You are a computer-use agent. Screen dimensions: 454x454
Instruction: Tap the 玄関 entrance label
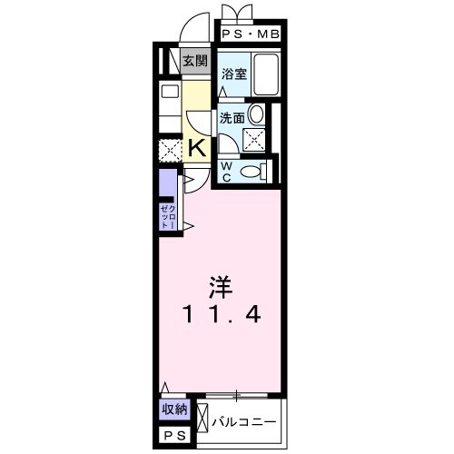tap(193, 62)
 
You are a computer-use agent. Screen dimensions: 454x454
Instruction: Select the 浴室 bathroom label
tap(234, 74)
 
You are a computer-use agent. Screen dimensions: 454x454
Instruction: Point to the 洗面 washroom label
tap(232, 117)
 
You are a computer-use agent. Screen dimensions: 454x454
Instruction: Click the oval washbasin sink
tap(257, 114)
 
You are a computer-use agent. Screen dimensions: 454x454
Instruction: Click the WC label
tap(227, 170)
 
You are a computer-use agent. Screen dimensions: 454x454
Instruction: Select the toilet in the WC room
tap(258, 170)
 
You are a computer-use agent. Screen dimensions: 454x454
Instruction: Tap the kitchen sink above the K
tap(170, 92)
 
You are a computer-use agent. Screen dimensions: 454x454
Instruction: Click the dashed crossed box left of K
tap(171, 151)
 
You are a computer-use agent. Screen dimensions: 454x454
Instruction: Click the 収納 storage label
tap(174, 409)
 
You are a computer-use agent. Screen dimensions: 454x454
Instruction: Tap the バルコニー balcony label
tap(245, 421)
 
